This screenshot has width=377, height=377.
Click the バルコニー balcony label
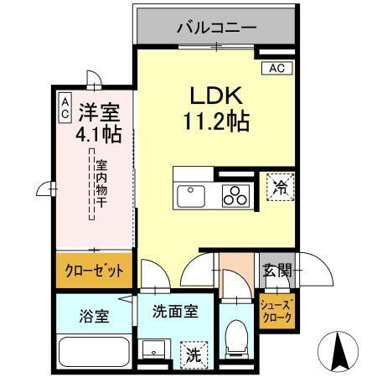[216, 27]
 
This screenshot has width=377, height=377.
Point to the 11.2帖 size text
[216, 121]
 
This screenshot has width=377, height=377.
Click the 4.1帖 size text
[99, 132]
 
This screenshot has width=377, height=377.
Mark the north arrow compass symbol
[340, 351]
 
